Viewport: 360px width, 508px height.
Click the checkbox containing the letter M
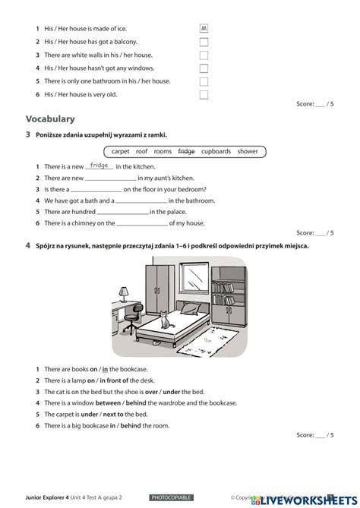pos(204,29)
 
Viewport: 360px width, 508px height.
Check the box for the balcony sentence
pos(204,42)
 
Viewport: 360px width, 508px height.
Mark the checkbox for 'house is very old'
pos(204,94)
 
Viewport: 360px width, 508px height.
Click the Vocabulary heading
pos(50,118)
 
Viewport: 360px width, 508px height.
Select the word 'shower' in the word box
pos(248,151)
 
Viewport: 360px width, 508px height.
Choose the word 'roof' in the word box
pos(141,151)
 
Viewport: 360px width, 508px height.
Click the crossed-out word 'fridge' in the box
pos(186,151)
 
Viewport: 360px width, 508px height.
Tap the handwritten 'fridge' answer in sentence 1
pos(99,165)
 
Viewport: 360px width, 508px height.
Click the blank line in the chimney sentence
pos(141,224)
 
